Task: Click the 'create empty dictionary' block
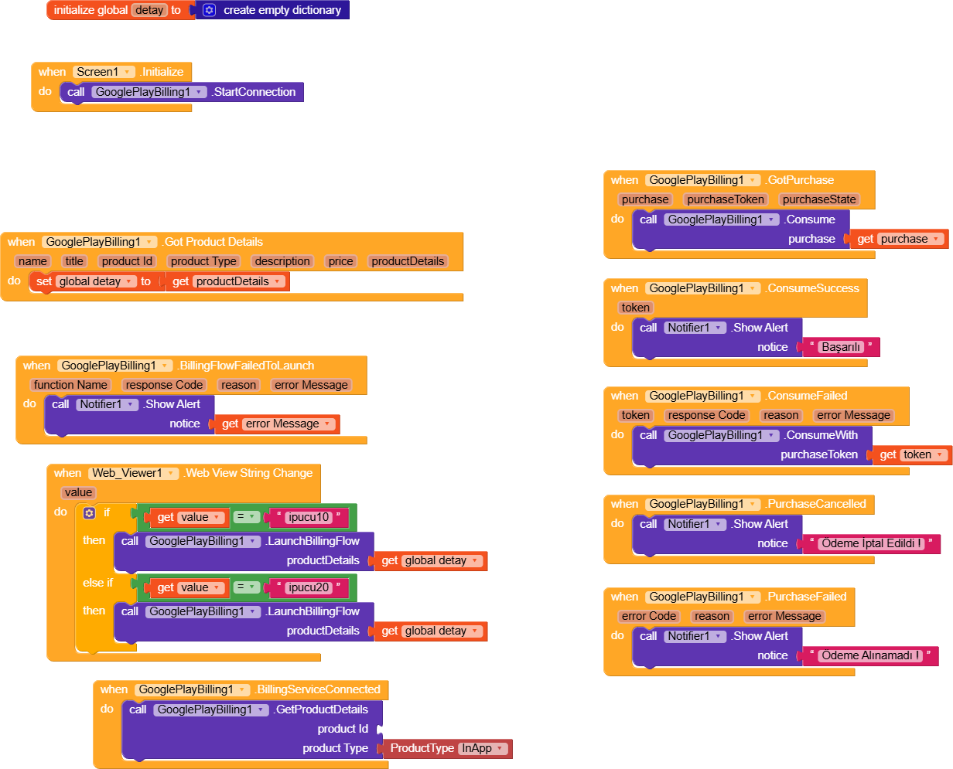point(282,10)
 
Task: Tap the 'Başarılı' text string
point(841,347)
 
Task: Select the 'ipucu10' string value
point(309,517)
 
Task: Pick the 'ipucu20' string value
point(309,587)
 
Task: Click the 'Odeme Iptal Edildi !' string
point(871,543)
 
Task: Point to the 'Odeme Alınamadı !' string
point(870,655)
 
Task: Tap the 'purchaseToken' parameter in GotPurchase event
point(726,199)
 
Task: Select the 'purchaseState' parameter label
point(819,199)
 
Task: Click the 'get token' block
point(912,454)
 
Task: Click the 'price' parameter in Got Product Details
point(340,261)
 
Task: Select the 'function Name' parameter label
point(70,385)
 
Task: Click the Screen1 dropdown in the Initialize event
point(104,72)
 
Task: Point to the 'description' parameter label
point(282,261)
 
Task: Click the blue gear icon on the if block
point(89,512)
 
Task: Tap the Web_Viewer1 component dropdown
point(133,473)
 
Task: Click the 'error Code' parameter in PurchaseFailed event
point(649,616)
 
